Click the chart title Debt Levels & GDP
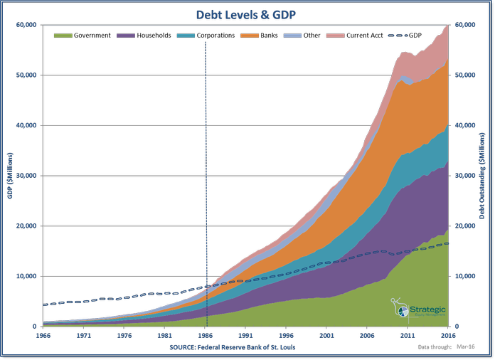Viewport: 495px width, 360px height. click(247, 14)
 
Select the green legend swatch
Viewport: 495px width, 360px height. click(63, 36)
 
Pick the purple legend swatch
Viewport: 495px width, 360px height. click(126, 36)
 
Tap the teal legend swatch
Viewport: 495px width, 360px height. click(186, 36)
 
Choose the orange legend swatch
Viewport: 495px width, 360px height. click(249, 36)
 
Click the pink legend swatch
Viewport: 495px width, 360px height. click(336, 36)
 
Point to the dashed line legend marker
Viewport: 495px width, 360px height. click(398, 36)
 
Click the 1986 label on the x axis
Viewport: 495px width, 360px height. click(206, 334)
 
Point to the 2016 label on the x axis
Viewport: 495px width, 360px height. click(447, 334)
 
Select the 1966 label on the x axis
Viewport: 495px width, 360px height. click(43, 334)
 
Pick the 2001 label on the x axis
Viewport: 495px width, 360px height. click(326, 334)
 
